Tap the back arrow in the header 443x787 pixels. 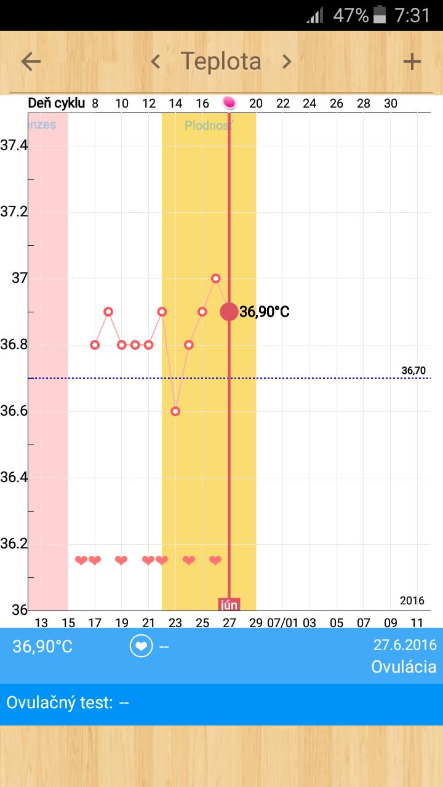[31, 61]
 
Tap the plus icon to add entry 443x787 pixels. [412, 61]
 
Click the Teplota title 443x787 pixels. [221, 61]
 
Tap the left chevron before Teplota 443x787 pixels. [156, 61]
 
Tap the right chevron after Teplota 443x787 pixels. [286, 61]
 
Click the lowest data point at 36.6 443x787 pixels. [175, 411]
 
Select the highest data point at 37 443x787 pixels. [216, 279]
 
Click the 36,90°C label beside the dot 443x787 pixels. [265, 312]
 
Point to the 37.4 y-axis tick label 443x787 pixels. [14, 146]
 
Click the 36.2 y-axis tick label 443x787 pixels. [14, 544]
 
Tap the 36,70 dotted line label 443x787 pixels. [413, 370]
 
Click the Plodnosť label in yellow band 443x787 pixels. [209, 125]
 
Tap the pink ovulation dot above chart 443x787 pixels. [229, 103]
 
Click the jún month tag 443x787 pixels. [229, 604]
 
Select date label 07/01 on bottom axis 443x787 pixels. [282, 623]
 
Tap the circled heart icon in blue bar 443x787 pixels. [141, 646]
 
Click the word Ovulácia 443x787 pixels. [404, 666]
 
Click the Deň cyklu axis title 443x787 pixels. [56, 103]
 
